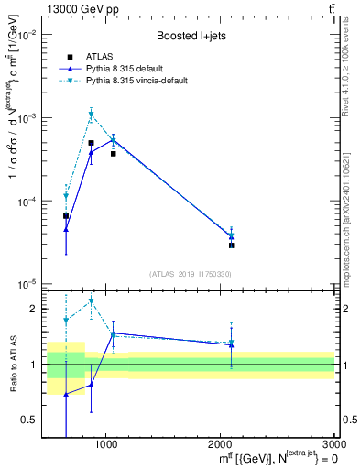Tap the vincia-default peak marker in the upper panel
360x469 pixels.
[91, 115]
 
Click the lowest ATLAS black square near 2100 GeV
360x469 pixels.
[231, 245]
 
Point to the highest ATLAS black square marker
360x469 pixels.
[91, 143]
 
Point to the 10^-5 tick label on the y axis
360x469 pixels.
[27, 284]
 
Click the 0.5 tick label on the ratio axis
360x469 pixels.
[30, 420]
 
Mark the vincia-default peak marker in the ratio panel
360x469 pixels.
[91, 300]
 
